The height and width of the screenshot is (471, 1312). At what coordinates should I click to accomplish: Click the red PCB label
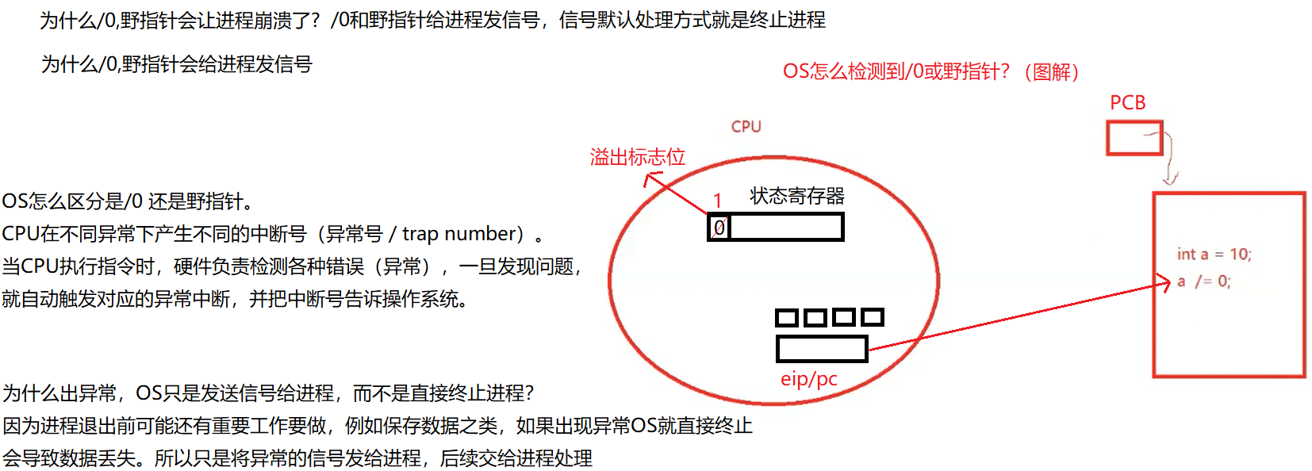tap(1127, 102)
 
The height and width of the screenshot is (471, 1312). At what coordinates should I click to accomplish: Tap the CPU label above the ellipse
tap(746, 127)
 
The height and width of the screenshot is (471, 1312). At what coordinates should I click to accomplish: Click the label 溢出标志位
tap(637, 157)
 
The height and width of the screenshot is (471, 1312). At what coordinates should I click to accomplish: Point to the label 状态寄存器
tap(797, 196)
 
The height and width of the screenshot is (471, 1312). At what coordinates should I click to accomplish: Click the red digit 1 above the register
tap(718, 201)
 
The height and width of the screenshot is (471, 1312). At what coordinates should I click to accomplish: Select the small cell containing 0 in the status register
tap(719, 227)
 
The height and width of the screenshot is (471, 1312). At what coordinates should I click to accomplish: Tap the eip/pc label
tap(809, 379)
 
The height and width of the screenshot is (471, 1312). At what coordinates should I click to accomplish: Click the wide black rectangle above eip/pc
tap(822, 349)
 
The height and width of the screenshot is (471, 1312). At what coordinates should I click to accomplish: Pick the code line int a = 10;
tap(1214, 255)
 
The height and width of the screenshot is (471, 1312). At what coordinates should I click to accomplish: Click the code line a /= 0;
tap(1204, 281)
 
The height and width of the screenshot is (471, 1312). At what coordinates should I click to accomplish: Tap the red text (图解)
tap(1052, 71)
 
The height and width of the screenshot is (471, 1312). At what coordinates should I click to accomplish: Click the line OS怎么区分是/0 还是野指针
tap(128, 201)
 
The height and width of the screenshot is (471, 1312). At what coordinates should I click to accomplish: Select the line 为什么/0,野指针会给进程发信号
tap(176, 64)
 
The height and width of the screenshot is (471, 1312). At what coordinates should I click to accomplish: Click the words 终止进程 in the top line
tap(787, 20)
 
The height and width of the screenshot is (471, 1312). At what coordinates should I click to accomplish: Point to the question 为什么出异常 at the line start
tap(59, 392)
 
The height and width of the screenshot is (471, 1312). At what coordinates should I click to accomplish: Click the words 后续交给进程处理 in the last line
tap(516, 458)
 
